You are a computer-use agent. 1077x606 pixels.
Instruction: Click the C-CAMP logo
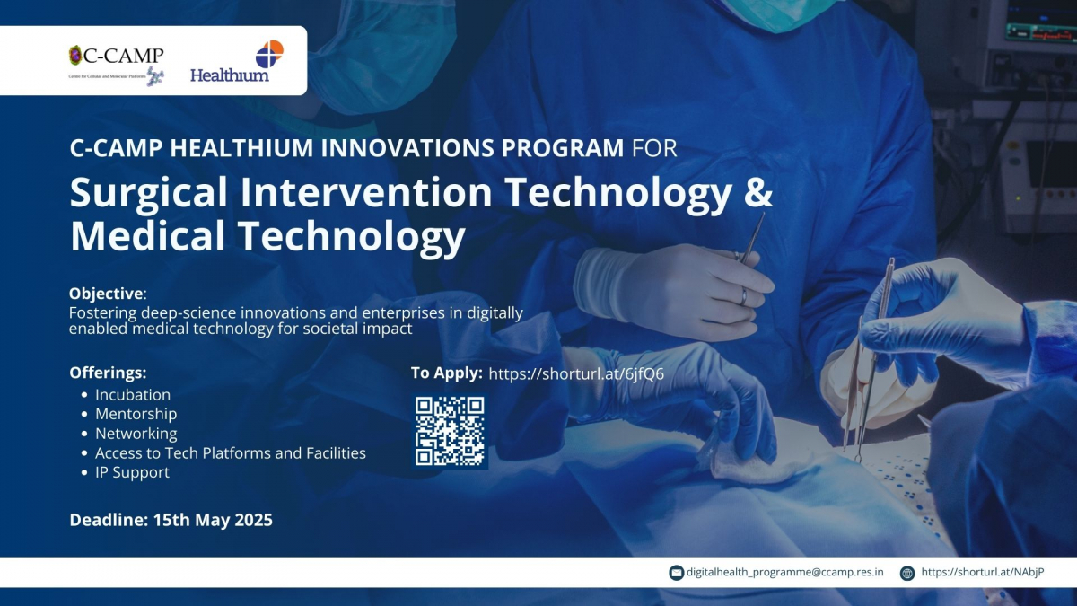[117, 66]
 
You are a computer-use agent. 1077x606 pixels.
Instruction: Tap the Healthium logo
[237, 61]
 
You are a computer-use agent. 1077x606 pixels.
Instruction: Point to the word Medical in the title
[147, 235]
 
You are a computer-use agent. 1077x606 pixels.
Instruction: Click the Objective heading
[106, 294]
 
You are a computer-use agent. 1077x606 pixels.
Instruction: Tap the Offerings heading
[108, 373]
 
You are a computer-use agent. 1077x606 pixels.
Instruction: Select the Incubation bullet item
[133, 395]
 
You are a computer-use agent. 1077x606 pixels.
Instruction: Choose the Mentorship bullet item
[136, 414]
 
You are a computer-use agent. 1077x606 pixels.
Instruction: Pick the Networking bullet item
[136, 434]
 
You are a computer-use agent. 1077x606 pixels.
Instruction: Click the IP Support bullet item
[132, 472]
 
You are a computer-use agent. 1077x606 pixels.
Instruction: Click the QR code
[450, 431]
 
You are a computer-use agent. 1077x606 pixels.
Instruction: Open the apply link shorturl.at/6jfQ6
[576, 373]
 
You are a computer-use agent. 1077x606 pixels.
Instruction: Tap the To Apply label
[446, 373]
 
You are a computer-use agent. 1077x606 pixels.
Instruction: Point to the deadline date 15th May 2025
[213, 520]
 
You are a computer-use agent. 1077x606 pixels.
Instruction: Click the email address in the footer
[784, 573]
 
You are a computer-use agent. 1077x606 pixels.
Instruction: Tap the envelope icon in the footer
[676, 573]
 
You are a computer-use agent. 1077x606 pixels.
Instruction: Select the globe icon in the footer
[906, 573]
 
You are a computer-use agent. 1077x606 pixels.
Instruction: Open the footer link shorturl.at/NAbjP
[982, 573]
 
